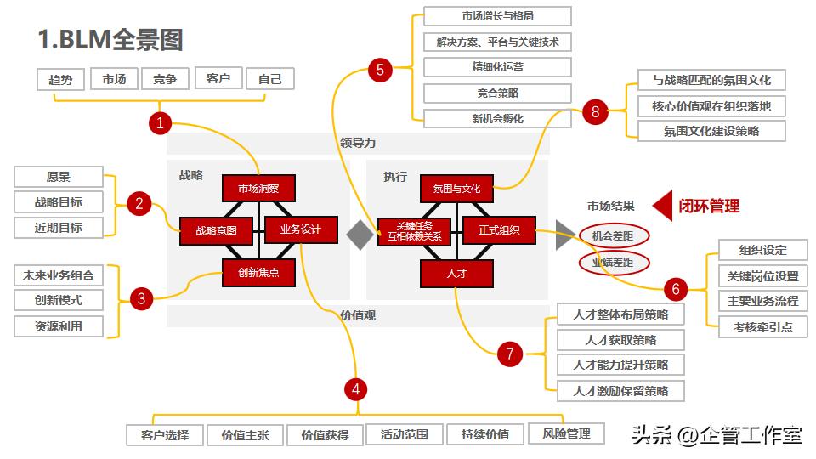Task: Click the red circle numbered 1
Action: click(160, 123)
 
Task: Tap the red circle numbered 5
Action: click(380, 70)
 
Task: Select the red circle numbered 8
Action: click(595, 111)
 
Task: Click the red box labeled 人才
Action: click(456, 274)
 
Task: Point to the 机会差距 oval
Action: click(614, 236)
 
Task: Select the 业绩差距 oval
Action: click(614, 263)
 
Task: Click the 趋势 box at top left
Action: click(60, 80)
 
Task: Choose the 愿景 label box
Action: click(59, 178)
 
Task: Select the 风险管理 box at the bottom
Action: click(566, 433)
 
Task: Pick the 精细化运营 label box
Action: click(497, 67)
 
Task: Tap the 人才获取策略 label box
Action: click(620, 340)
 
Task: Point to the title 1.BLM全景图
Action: click(110, 39)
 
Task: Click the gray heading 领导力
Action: click(357, 143)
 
